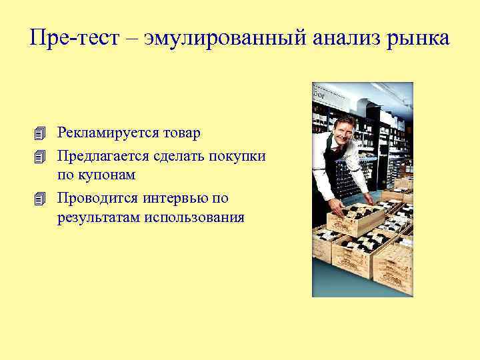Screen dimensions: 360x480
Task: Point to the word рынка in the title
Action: [x=419, y=38]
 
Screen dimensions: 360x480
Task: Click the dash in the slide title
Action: [x=125, y=39]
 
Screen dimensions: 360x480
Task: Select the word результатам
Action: [x=98, y=217]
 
